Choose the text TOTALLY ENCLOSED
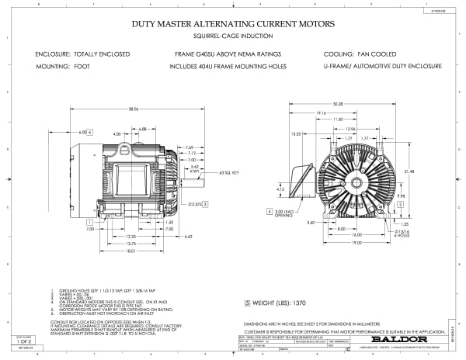click(103, 55)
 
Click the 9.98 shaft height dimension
click(400, 196)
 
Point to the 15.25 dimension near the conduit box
click(297, 133)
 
